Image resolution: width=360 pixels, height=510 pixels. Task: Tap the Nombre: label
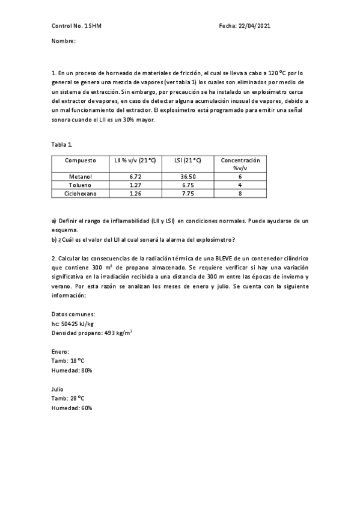[x=64, y=41]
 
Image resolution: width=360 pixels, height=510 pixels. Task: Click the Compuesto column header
[x=81, y=161]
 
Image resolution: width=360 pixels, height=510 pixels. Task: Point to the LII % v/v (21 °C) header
[x=135, y=161]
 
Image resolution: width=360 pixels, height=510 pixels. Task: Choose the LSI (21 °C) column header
[x=188, y=161]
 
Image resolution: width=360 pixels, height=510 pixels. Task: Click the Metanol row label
[x=81, y=177]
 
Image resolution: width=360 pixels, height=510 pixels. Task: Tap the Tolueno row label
[x=81, y=185]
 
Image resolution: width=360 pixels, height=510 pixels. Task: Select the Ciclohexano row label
[x=81, y=194]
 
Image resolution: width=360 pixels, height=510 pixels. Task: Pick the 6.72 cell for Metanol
[x=135, y=177]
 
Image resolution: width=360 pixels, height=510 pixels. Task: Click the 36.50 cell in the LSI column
[x=188, y=177]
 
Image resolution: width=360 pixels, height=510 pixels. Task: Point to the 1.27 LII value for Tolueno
[x=135, y=185]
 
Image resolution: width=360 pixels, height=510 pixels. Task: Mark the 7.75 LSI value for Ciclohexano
[x=188, y=194]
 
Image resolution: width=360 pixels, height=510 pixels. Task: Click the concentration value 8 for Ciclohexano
[x=240, y=194]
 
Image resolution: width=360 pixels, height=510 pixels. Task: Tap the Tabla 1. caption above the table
[x=62, y=144]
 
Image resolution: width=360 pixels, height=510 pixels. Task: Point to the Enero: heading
[x=61, y=351]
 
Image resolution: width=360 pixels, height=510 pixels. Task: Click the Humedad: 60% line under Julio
[x=72, y=408]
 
